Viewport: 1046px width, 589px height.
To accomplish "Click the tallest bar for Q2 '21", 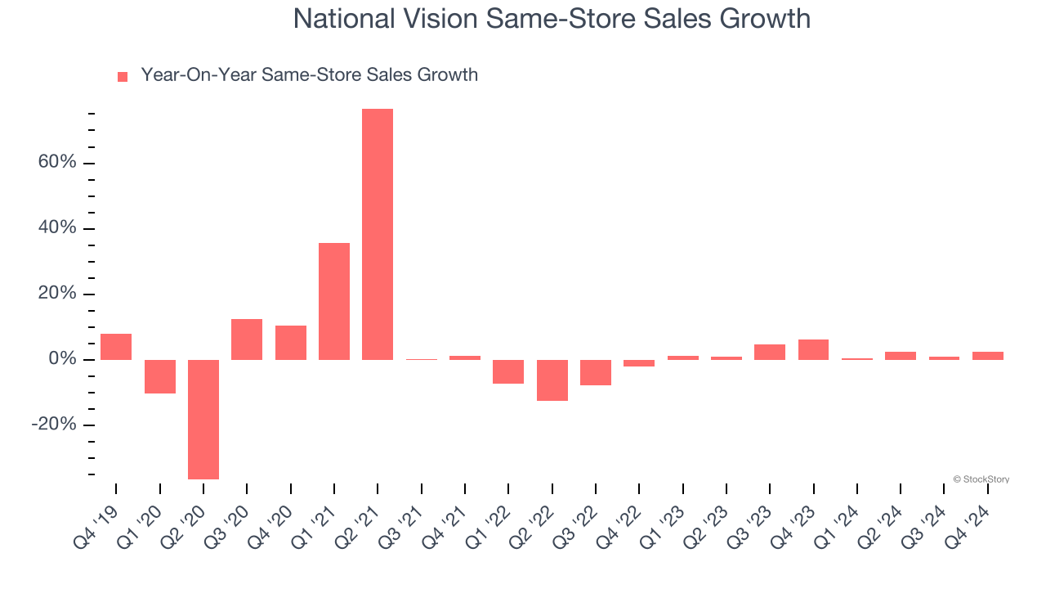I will (378, 234).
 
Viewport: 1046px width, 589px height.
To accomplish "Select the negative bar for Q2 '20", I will (203, 419).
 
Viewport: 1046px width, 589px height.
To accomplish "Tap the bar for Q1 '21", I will (334, 301).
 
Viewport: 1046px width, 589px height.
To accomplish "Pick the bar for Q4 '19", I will (116, 347).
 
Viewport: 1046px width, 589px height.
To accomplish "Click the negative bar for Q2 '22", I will (552, 380).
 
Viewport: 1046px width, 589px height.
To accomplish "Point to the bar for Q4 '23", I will (813, 349).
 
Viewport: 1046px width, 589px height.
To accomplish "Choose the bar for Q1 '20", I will (160, 376).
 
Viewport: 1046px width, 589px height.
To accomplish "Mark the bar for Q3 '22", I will (596, 372).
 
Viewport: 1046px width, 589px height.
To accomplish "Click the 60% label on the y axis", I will (56, 163).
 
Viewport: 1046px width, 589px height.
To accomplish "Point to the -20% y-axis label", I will (54, 425).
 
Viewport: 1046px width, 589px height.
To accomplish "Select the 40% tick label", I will (56, 228).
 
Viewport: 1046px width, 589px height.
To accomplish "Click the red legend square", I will (123, 76).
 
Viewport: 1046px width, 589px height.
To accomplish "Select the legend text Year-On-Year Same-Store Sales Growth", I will (309, 75).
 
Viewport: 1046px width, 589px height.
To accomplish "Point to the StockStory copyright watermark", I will (981, 479).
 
